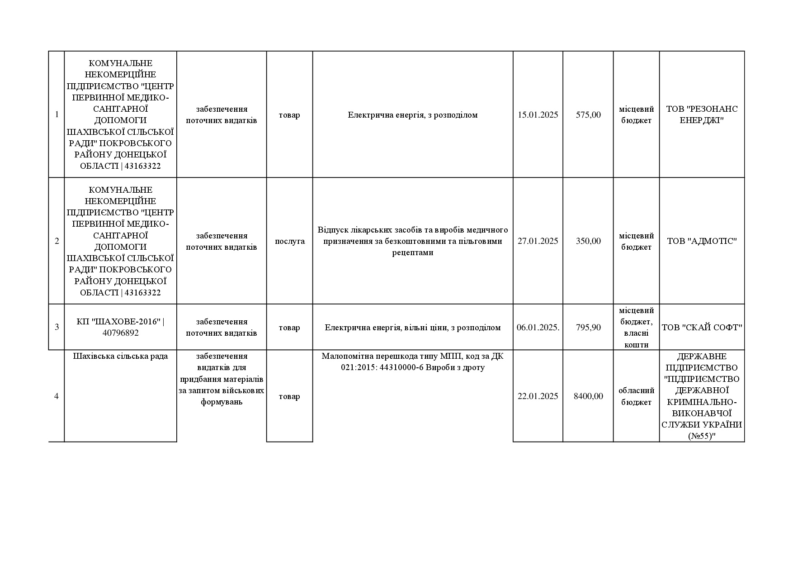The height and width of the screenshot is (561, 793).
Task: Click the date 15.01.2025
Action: coord(538,115)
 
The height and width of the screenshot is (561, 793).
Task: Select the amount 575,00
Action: coord(588,115)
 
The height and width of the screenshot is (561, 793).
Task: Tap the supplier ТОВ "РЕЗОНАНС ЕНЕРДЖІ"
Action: coord(702,114)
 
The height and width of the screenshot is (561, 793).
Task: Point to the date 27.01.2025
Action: coord(538,241)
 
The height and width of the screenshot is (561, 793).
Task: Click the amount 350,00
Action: coord(588,241)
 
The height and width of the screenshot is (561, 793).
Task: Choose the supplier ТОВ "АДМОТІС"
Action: coord(702,241)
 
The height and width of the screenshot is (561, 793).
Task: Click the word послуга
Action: coord(290,241)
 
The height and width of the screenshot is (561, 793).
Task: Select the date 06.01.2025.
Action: coord(538,328)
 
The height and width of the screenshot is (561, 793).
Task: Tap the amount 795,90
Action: coord(588,328)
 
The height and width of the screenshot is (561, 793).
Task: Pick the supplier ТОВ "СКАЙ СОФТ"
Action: coord(702,328)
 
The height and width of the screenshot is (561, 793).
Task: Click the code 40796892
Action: coord(121,333)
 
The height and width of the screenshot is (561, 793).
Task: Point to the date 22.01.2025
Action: coord(538,396)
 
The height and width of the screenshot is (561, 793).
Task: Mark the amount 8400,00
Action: coord(588,396)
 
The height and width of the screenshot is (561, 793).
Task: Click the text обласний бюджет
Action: coord(636,396)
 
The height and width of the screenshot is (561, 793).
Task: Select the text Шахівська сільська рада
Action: coord(120,356)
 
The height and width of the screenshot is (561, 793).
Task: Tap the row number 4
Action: coord(57,396)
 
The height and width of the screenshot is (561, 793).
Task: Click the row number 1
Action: coord(57,114)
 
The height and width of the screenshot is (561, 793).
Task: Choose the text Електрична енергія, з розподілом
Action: coord(412,115)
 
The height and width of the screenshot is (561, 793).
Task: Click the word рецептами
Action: coord(412,252)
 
